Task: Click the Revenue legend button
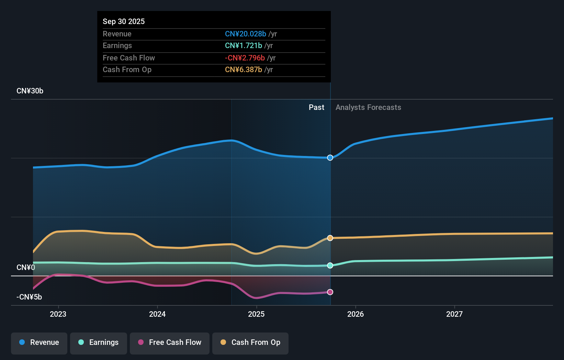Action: (x=39, y=343)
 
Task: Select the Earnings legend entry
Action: (x=99, y=343)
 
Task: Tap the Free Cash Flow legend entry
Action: (x=170, y=343)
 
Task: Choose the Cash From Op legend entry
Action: (x=250, y=343)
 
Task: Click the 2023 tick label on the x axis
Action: (x=58, y=314)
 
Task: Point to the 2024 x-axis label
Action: (x=157, y=314)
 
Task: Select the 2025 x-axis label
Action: (x=256, y=314)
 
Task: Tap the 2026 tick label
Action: (x=356, y=314)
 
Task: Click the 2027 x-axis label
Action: (x=454, y=314)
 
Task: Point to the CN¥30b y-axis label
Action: (x=30, y=91)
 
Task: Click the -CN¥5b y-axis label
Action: (x=29, y=297)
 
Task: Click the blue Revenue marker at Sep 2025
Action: (x=330, y=158)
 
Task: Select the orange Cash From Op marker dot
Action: (x=330, y=238)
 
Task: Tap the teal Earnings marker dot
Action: (x=330, y=266)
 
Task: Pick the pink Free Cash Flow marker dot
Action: (x=330, y=292)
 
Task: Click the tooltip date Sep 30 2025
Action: (x=124, y=21)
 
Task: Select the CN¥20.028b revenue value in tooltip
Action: (x=246, y=34)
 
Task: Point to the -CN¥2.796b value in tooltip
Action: (x=245, y=58)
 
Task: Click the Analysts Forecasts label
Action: (x=368, y=108)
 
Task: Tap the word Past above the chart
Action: (x=316, y=108)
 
